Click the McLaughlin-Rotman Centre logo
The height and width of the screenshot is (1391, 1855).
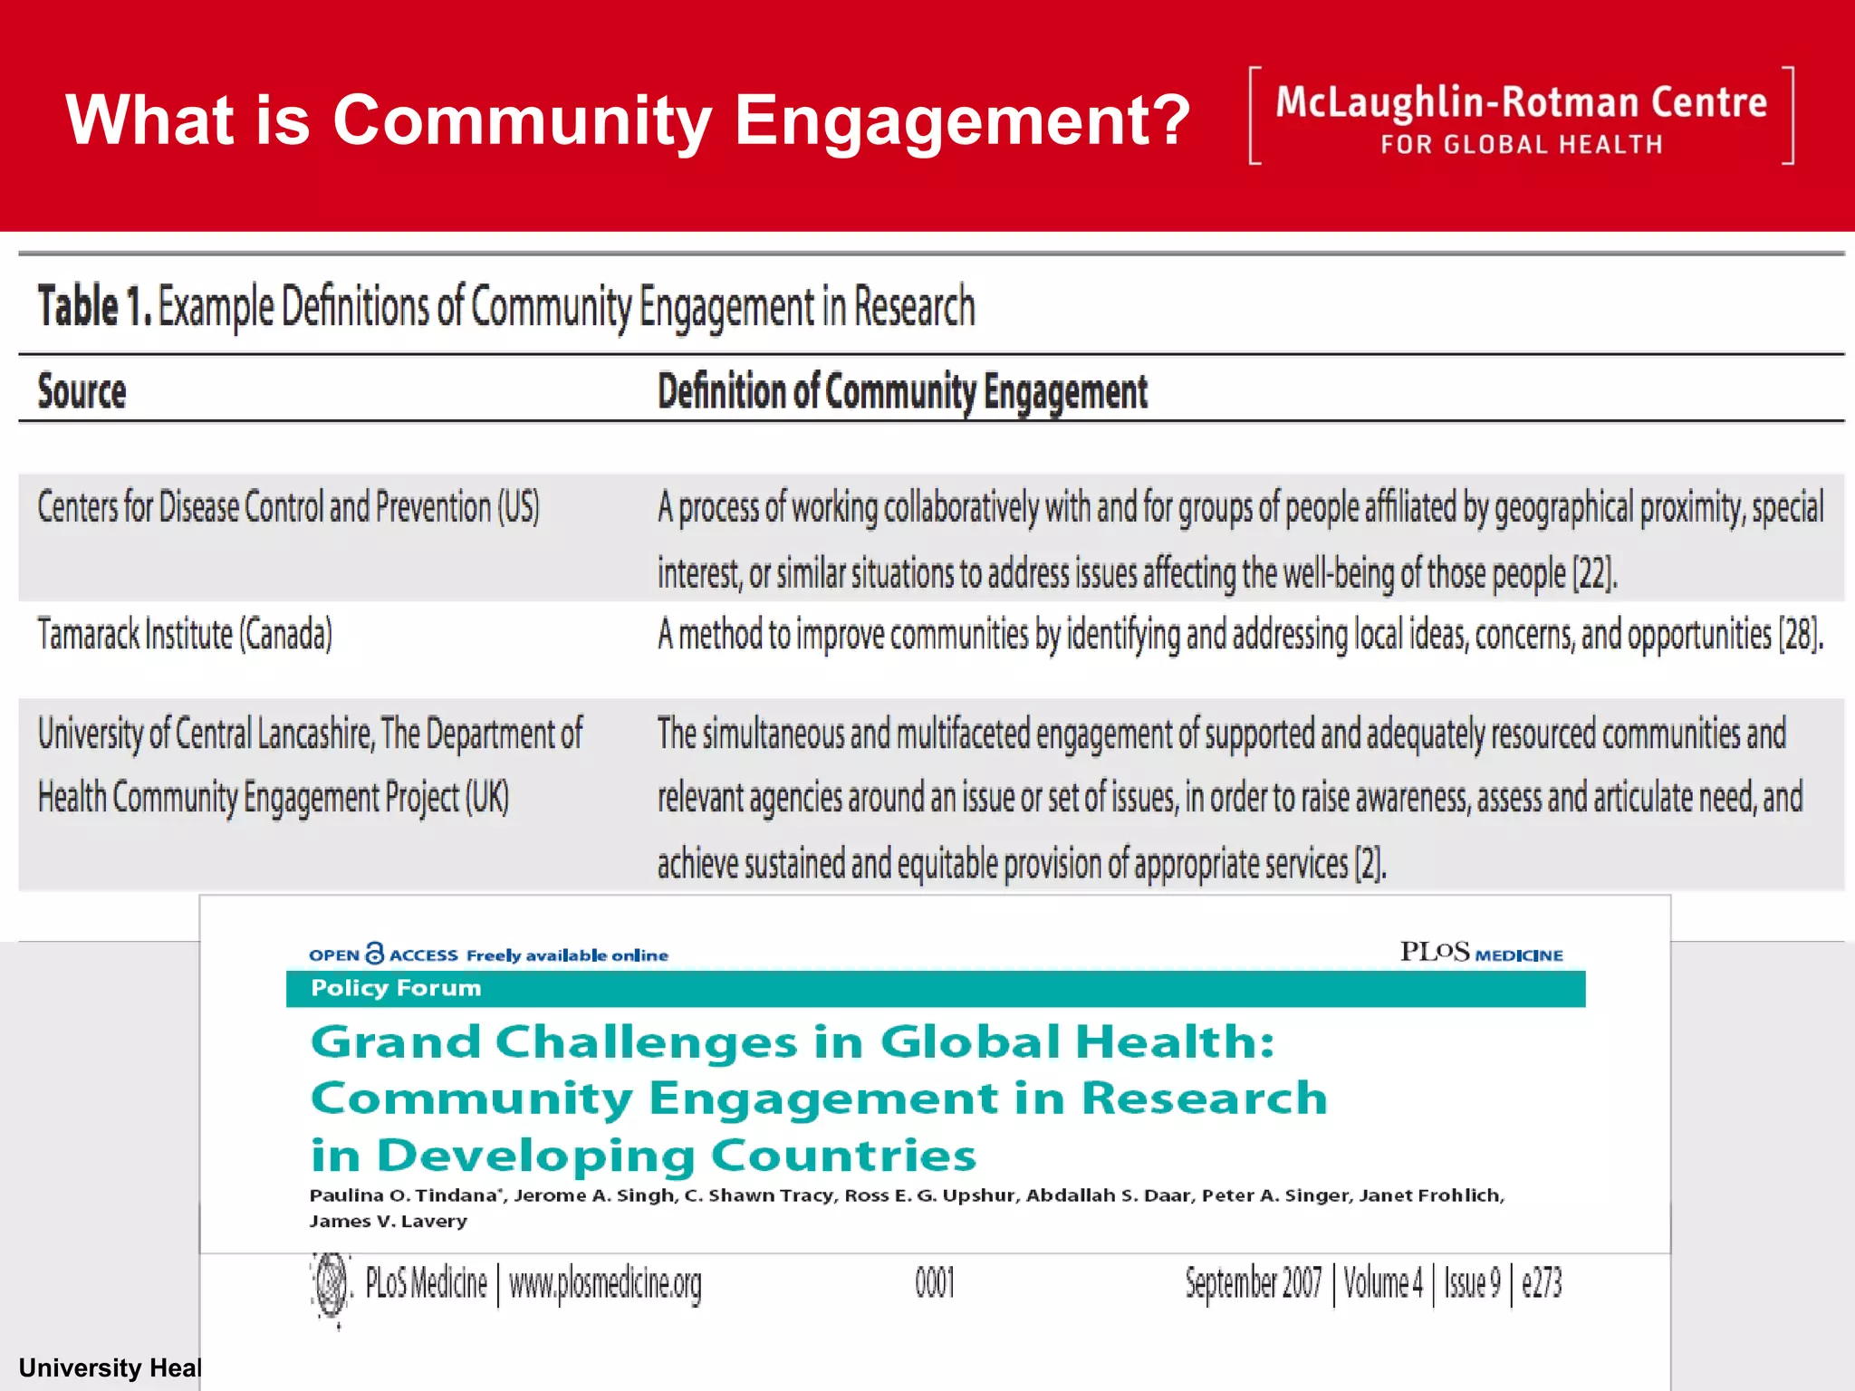point(1521,116)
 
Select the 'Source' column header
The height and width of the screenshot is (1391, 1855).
point(82,391)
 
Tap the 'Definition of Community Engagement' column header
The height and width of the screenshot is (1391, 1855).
point(902,392)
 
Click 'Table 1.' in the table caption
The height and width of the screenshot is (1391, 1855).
point(94,306)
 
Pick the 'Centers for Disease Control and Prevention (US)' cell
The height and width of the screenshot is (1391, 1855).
point(288,507)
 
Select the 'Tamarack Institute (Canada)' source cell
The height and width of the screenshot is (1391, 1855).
point(185,634)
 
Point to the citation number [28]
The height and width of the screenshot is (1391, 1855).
point(1801,634)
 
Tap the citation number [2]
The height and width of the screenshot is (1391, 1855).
point(1370,863)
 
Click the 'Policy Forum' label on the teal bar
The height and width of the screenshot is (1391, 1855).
point(396,988)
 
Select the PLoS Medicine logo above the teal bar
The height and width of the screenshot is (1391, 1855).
point(1481,953)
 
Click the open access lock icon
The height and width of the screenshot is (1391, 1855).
point(374,954)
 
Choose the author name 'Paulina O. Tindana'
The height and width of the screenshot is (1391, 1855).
point(403,1195)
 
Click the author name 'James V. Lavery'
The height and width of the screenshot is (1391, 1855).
point(389,1221)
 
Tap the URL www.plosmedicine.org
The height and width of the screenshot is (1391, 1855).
point(605,1283)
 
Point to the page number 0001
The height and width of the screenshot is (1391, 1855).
point(934,1283)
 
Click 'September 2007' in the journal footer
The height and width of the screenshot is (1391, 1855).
point(1253,1283)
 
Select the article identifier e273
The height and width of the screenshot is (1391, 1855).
point(1542,1283)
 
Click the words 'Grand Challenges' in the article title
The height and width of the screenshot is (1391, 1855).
point(554,1041)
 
